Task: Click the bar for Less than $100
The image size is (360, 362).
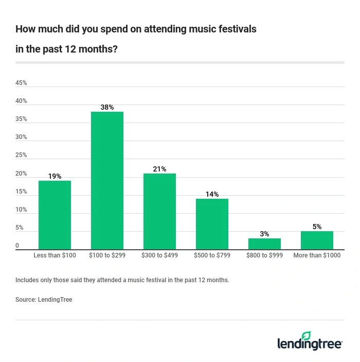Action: [x=55, y=215]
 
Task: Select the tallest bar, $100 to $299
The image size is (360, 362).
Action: [x=107, y=181]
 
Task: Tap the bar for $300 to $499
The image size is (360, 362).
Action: [x=159, y=212]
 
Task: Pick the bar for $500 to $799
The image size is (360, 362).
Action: [x=212, y=224]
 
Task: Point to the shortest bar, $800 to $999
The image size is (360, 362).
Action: [x=264, y=244]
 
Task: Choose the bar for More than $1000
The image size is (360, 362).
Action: [x=317, y=240]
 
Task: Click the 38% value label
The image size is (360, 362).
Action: [x=107, y=107]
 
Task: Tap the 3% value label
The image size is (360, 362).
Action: [x=264, y=234]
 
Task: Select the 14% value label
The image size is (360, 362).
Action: [x=212, y=194]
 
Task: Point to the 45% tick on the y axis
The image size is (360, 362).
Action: [x=21, y=83]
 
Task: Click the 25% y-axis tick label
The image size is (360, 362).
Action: [x=21, y=155]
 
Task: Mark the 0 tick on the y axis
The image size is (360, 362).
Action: [x=17, y=246]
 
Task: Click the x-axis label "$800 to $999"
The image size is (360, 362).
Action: [x=264, y=255]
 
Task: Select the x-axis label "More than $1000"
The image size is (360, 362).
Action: [x=317, y=255]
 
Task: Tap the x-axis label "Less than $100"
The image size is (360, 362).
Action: [x=55, y=255]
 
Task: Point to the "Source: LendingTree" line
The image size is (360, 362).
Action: [x=44, y=300]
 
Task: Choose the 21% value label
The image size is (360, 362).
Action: [x=159, y=169]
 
